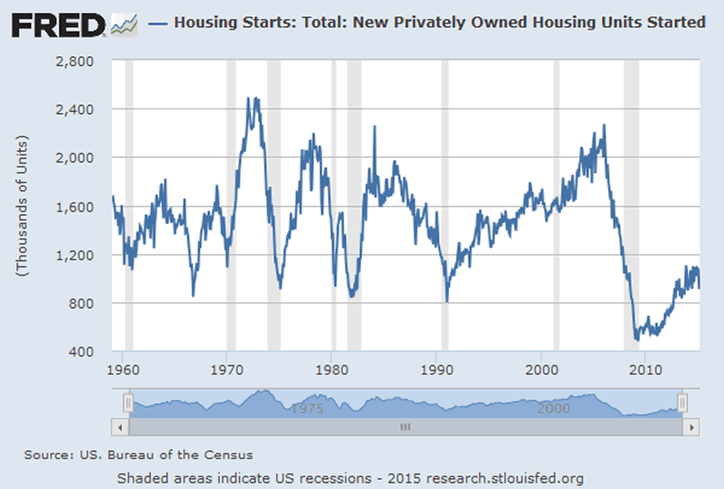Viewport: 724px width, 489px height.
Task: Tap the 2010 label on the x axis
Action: click(x=644, y=370)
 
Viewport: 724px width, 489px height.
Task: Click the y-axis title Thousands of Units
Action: click(x=22, y=205)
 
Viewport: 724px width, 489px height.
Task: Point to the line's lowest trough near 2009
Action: click(x=637, y=339)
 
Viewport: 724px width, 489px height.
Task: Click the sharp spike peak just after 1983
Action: click(x=375, y=127)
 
